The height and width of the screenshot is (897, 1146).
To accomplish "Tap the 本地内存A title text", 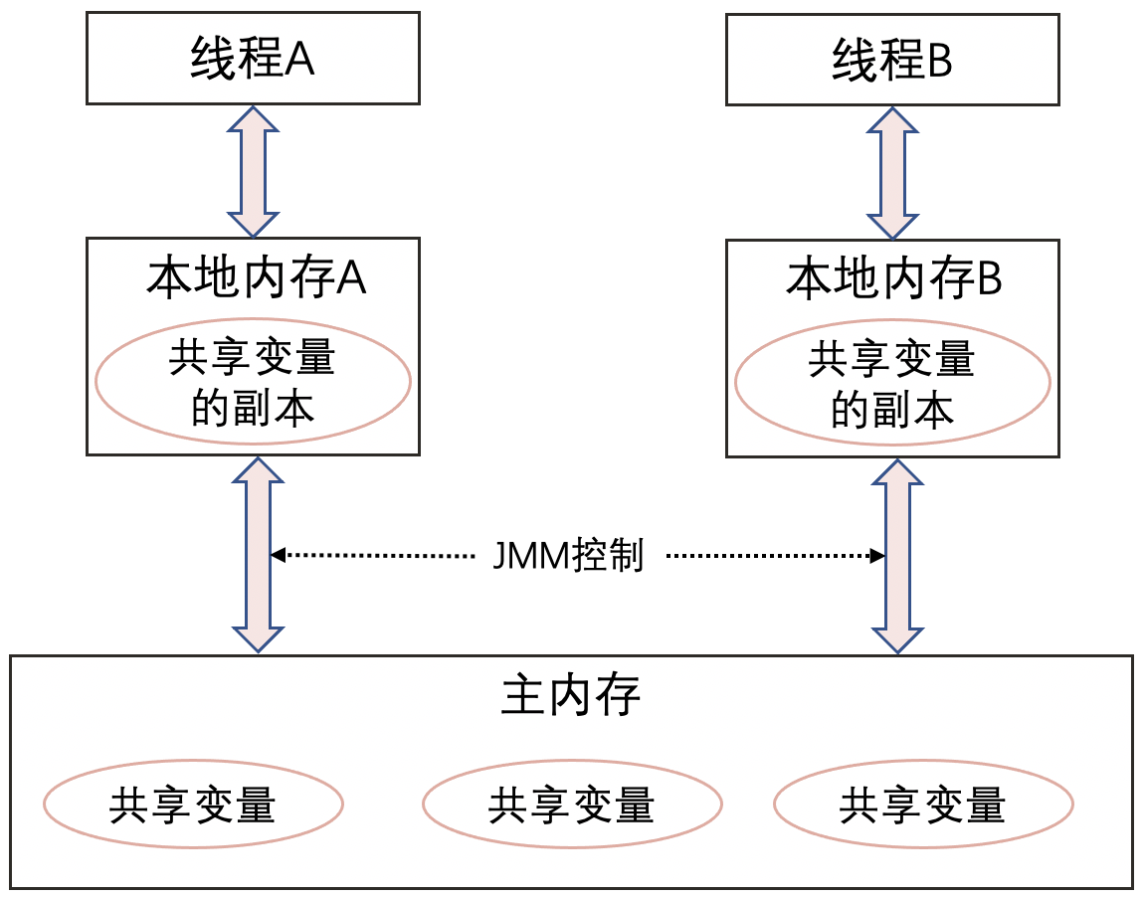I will (257, 279).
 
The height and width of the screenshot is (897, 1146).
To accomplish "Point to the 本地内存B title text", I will (893, 280).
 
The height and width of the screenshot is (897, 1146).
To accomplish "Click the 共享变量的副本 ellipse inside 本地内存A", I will (253, 384).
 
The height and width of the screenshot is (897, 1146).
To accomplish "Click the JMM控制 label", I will (569, 555).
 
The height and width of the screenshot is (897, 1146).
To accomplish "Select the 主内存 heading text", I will (571, 696).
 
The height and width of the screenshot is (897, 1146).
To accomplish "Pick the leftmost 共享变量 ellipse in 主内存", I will (193, 804).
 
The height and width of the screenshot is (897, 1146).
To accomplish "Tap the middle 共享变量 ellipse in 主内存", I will (571, 804).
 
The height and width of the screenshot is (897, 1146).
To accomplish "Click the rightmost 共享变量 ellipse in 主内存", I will (923, 804).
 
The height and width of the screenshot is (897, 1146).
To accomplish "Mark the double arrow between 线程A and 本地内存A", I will (254, 170).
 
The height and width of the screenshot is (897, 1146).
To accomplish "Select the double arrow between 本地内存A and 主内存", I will (257, 554).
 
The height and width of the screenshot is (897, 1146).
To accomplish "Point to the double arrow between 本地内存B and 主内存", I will (897, 555).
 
